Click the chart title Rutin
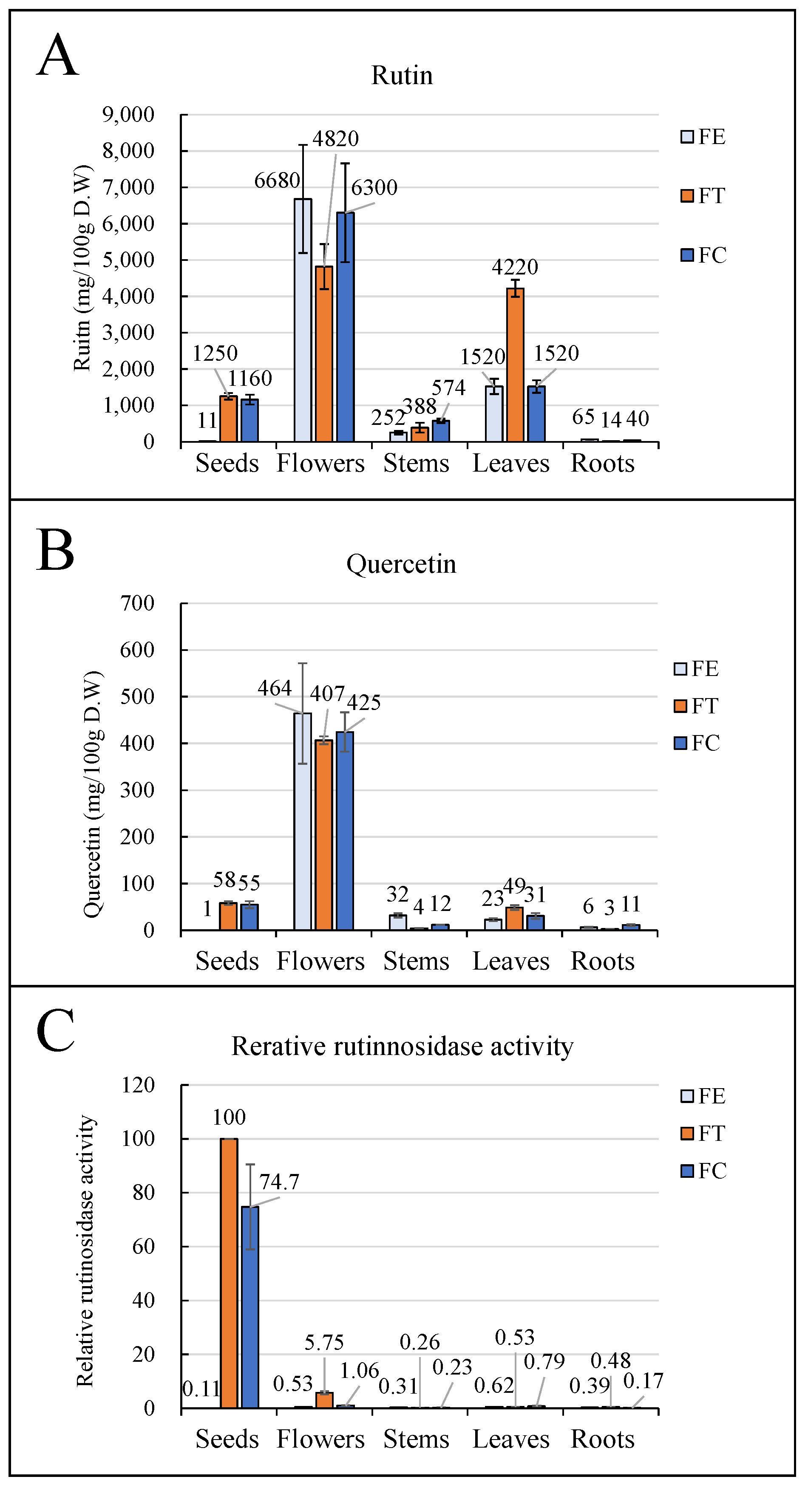[x=402, y=76]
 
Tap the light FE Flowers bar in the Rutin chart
[x=303, y=320]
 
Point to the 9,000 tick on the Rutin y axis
[x=129, y=115]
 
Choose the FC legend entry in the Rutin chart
[x=703, y=255]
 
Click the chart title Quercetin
[x=401, y=564]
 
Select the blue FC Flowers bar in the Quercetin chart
[x=345, y=831]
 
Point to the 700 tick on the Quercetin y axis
[x=137, y=604]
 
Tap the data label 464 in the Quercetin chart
[x=275, y=688]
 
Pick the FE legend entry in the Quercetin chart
[x=697, y=669]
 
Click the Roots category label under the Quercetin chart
[x=602, y=961]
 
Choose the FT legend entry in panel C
[x=703, y=1133]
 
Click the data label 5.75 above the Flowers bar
[x=324, y=1343]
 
